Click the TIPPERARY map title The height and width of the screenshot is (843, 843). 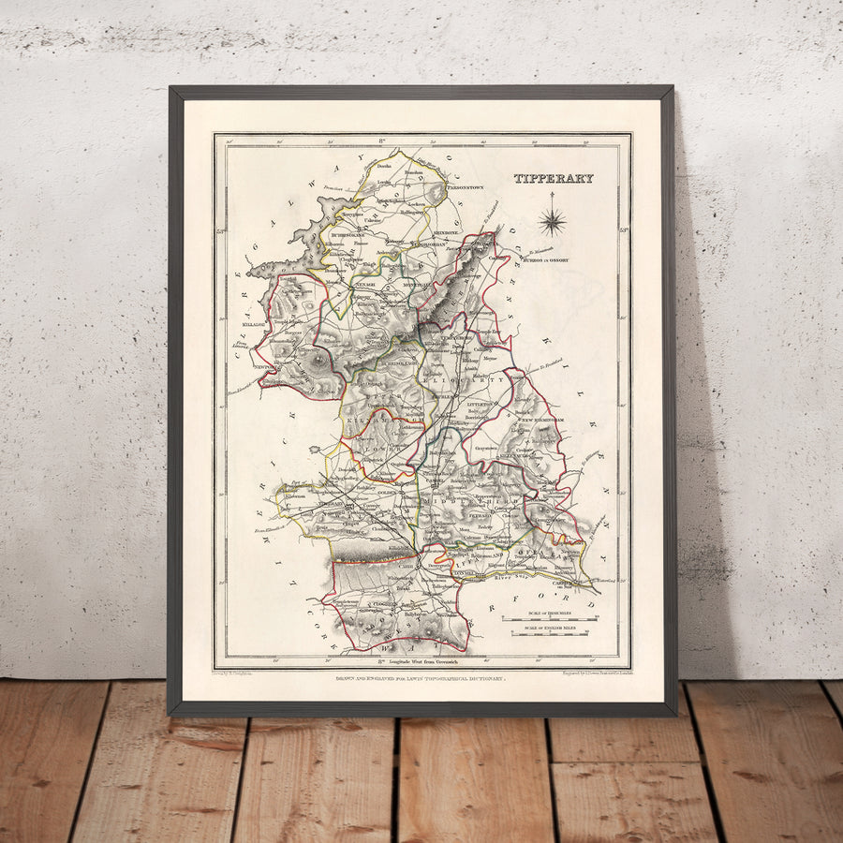(553, 178)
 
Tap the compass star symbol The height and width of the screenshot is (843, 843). (552, 222)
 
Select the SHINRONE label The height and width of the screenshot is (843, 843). (446, 232)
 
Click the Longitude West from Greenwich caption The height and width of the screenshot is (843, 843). (423, 661)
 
